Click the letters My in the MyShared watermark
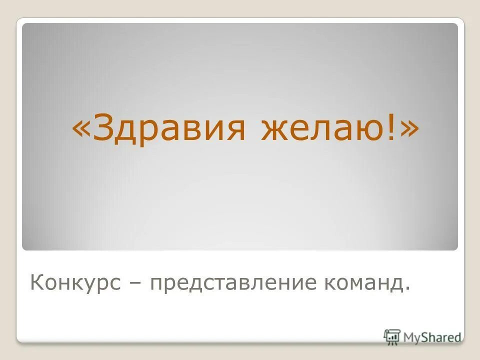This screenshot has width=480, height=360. (x=413, y=337)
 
